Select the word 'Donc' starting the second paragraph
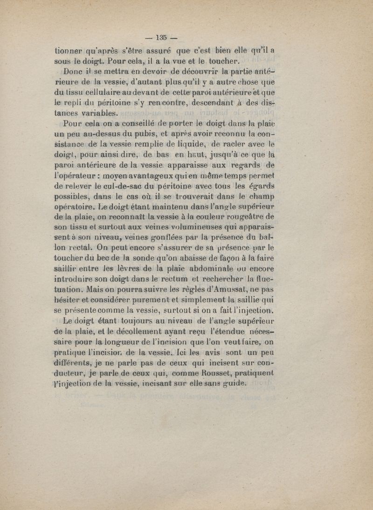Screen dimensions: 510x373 coord(65,72)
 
